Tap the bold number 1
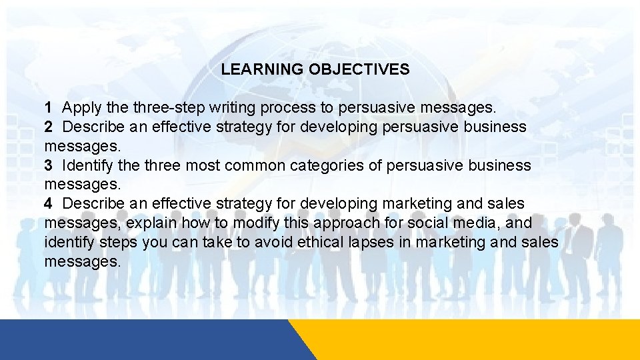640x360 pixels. tap(49, 107)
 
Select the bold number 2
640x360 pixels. tap(49, 127)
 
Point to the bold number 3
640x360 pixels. tap(49, 165)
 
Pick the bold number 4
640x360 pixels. tap(49, 203)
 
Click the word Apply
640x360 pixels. tap(80, 107)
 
